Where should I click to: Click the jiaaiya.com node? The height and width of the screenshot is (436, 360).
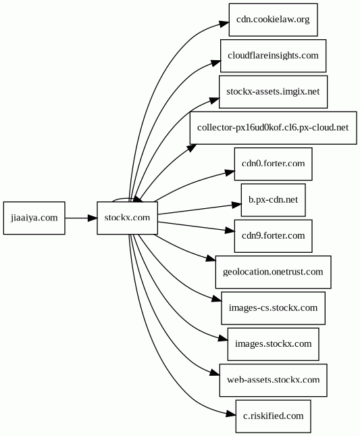pos(34,218)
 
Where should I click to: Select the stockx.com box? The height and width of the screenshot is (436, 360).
pos(127,218)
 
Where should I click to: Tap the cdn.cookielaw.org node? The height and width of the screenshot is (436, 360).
pos(273,20)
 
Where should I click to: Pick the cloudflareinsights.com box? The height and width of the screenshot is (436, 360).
pos(273,55)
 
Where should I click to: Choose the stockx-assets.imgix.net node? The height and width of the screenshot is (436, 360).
pos(273,92)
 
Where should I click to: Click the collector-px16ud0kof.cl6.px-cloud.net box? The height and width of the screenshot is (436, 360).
pos(273,128)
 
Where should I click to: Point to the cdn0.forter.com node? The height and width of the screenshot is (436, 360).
pos(273,164)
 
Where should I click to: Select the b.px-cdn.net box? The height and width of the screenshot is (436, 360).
pos(273,200)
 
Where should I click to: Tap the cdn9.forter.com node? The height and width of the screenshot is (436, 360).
pos(273,236)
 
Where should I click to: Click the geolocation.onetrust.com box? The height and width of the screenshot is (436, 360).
pos(273,272)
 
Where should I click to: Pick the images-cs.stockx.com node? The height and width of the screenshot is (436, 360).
pos(273,308)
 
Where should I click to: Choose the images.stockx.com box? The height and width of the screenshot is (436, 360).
pos(273,344)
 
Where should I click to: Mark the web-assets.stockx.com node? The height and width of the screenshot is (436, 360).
pos(273,380)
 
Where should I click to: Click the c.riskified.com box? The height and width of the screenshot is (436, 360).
pos(273,416)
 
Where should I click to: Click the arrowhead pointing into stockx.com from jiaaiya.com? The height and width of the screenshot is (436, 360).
pos(93,218)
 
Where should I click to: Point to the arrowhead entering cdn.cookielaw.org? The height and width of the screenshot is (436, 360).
pos(224,24)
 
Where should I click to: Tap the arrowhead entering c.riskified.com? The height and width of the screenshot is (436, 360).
pos(231,414)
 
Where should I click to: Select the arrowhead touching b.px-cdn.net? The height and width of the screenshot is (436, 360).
pos(236,205)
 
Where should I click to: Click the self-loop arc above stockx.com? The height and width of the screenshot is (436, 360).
pos(122,199)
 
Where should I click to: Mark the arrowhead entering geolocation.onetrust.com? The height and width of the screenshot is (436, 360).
pos(211,259)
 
